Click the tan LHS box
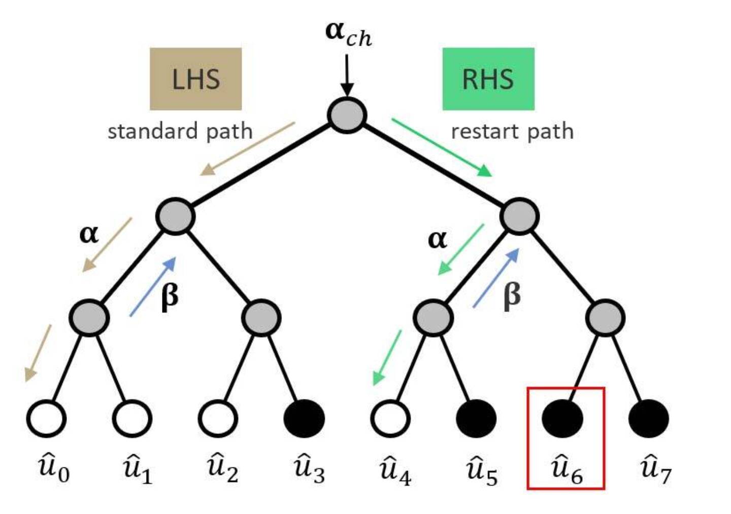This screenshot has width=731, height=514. (195, 79)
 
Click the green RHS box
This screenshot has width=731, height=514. (488, 79)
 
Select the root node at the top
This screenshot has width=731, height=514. (347, 115)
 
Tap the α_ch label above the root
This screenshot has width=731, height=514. (348, 33)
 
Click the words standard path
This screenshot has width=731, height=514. (180, 131)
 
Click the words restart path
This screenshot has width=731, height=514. (512, 131)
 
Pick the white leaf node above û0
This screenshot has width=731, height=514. (46, 419)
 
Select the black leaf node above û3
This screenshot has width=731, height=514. (304, 419)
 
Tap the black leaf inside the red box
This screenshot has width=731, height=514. (562, 419)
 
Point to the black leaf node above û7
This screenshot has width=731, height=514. (648, 419)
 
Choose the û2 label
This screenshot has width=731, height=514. (222, 468)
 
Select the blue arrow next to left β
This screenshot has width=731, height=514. (153, 287)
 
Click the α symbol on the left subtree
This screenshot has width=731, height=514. (89, 234)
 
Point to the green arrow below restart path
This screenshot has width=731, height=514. (442, 148)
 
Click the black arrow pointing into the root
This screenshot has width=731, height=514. (347, 75)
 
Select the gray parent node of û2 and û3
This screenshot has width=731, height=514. (261, 318)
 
